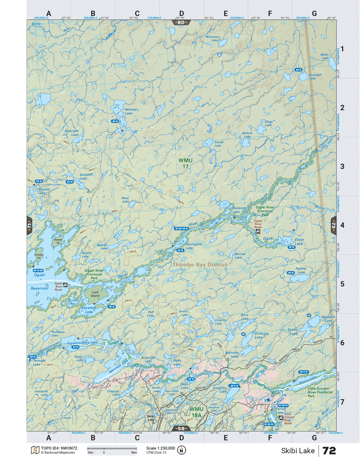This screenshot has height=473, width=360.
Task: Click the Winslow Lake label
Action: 212,39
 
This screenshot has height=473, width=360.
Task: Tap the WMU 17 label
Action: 185,163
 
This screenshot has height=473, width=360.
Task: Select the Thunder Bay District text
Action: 200,265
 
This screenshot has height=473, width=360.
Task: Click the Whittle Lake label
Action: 130,111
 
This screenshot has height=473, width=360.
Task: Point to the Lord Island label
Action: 95,294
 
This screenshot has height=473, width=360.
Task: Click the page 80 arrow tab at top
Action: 181,22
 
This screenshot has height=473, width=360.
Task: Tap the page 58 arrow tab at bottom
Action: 181,429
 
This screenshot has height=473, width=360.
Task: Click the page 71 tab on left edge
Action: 29,225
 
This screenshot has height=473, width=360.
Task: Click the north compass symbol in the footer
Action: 181,450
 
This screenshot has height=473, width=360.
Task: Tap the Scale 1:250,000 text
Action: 160,448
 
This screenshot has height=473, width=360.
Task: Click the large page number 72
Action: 329,451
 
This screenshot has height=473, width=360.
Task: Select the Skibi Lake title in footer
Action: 297,451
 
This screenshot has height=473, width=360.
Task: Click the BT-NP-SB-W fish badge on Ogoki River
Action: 181,229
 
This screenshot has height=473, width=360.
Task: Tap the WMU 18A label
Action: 196,412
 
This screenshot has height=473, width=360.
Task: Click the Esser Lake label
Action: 299,241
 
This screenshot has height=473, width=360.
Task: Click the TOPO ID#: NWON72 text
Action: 59,448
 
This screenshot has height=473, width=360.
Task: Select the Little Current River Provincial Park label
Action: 320,392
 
